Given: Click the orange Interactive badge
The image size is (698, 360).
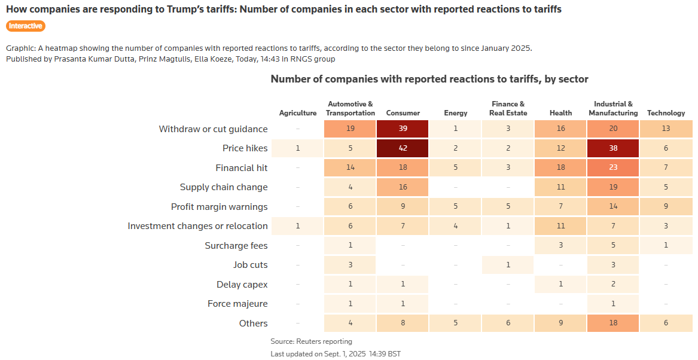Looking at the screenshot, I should (26, 26).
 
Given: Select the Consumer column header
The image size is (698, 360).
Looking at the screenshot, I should (403, 113).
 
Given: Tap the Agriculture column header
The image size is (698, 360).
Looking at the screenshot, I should (298, 113).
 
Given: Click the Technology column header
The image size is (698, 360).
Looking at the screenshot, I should (666, 113).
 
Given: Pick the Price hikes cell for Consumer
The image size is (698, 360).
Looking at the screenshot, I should (403, 148).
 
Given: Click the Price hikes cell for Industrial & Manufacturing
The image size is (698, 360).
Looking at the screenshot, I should (613, 148).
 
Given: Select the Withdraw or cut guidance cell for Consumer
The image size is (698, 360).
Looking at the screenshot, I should (403, 129).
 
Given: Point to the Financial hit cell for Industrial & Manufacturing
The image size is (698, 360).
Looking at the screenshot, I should (613, 168).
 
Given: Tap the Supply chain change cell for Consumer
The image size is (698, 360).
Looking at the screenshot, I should (403, 187).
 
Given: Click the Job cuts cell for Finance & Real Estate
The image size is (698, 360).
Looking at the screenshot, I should (508, 265).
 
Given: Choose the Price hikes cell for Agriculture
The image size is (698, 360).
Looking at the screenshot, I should (298, 148).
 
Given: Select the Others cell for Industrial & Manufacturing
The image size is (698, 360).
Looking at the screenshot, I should (613, 323).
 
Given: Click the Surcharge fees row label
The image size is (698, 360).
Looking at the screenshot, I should (236, 246).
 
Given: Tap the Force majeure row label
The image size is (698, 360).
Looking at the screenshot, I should (237, 304).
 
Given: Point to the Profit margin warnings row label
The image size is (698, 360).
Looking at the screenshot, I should (219, 207).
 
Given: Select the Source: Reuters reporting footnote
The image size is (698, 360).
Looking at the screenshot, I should (311, 341).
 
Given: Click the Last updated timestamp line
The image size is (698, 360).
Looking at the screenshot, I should (335, 353).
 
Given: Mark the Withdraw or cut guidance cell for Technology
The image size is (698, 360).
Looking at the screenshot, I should (666, 129).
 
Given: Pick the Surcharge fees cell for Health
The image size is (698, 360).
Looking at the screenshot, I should (560, 246).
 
